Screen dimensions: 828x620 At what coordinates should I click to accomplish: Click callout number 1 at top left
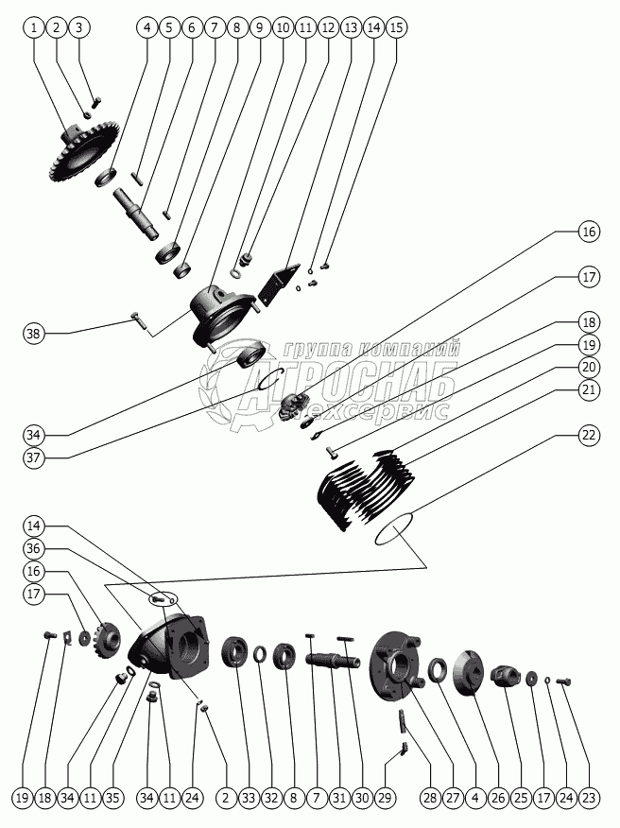(34, 27)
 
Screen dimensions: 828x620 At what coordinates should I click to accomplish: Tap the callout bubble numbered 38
(35, 333)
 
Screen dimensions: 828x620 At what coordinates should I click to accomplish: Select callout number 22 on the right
(589, 435)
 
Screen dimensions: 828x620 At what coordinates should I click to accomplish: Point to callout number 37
(35, 458)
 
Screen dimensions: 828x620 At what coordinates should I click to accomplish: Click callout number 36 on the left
(35, 548)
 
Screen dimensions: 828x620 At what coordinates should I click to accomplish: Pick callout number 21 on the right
(589, 388)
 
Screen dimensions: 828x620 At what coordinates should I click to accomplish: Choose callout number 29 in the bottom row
(385, 799)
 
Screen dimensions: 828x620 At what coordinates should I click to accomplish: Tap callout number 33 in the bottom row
(249, 799)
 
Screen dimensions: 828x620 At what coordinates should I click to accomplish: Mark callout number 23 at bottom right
(589, 799)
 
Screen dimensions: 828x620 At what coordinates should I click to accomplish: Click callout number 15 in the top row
(396, 27)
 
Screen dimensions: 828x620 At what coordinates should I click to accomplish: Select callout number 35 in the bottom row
(112, 799)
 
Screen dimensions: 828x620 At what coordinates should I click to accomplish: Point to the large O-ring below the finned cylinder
(394, 529)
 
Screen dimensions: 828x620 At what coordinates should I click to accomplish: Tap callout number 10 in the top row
(283, 27)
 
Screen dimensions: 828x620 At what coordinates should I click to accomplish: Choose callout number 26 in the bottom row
(498, 799)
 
